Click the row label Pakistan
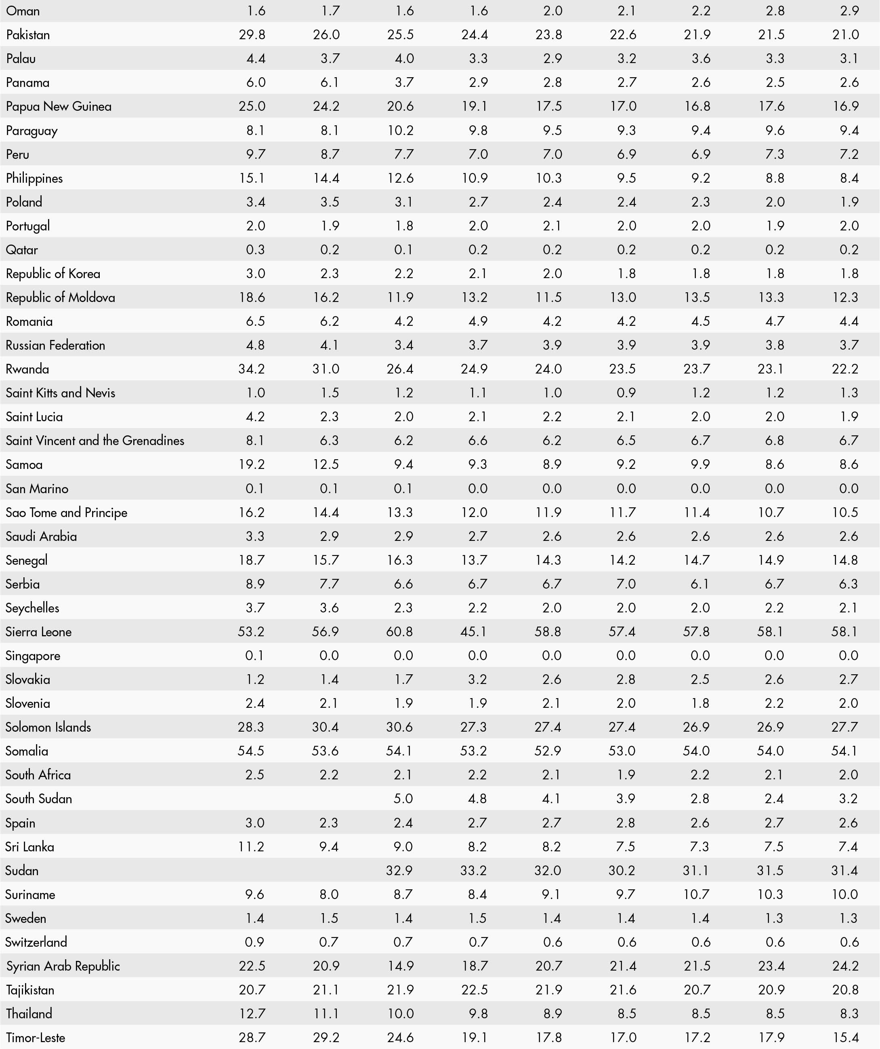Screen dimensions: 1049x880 click(28, 34)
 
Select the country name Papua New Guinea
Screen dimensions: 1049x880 click(59, 106)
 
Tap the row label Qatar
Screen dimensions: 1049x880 click(21, 250)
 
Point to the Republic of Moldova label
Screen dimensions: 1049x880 click(61, 297)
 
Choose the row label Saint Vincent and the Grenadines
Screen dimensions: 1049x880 click(95, 441)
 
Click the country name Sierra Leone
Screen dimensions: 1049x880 click(38, 632)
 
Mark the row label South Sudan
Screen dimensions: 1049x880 click(38, 799)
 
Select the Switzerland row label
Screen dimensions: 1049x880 click(36, 942)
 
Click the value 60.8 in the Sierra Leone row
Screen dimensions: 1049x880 click(399, 632)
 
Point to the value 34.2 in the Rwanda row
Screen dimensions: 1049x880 click(252, 369)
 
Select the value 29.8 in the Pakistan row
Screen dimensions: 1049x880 click(252, 34)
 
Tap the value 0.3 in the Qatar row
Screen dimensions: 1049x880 click(255, 250)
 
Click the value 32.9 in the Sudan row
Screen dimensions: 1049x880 click(399, 871)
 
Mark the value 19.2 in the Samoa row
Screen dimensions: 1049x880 click(252, 464)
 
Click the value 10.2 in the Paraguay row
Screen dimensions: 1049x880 click(400, 131)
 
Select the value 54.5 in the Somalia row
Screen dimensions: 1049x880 click(251, 751)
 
